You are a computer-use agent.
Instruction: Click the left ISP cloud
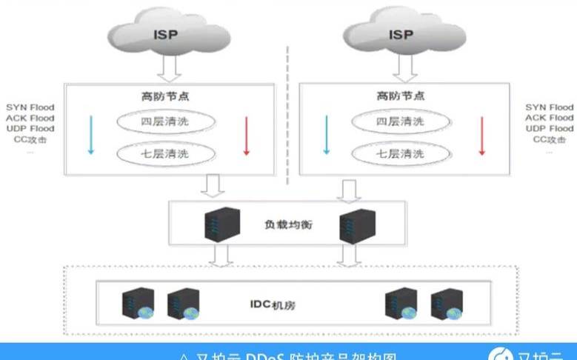[165, 33]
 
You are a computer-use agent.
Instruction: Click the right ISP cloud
[401, 33]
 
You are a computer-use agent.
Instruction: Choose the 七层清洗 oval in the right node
[400, 154]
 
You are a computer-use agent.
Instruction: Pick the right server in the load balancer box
[353, 224]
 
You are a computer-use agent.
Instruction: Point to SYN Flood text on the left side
[30, 108]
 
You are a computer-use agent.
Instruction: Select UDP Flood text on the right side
[549, 129]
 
